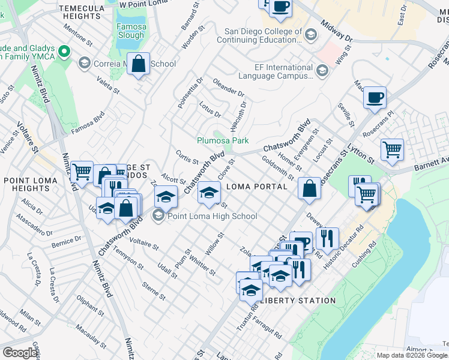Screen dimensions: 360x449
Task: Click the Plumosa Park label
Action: coord(223,140)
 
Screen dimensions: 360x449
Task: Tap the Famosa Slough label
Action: coord(131,31)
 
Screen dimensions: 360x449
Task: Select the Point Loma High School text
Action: coord(212,216)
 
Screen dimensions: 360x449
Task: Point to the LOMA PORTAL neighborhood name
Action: coord(257,187)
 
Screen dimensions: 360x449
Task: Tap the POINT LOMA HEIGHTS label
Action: coord(34,184)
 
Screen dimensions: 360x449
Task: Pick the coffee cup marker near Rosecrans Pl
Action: coord(375,97)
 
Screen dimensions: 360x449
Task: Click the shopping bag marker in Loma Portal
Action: coord(309,188)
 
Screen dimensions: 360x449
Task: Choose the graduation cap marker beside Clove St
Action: coord(209,192)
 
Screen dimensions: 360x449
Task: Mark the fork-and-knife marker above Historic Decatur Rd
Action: coord(327,238)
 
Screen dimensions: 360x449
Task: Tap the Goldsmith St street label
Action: coord(278,167)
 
